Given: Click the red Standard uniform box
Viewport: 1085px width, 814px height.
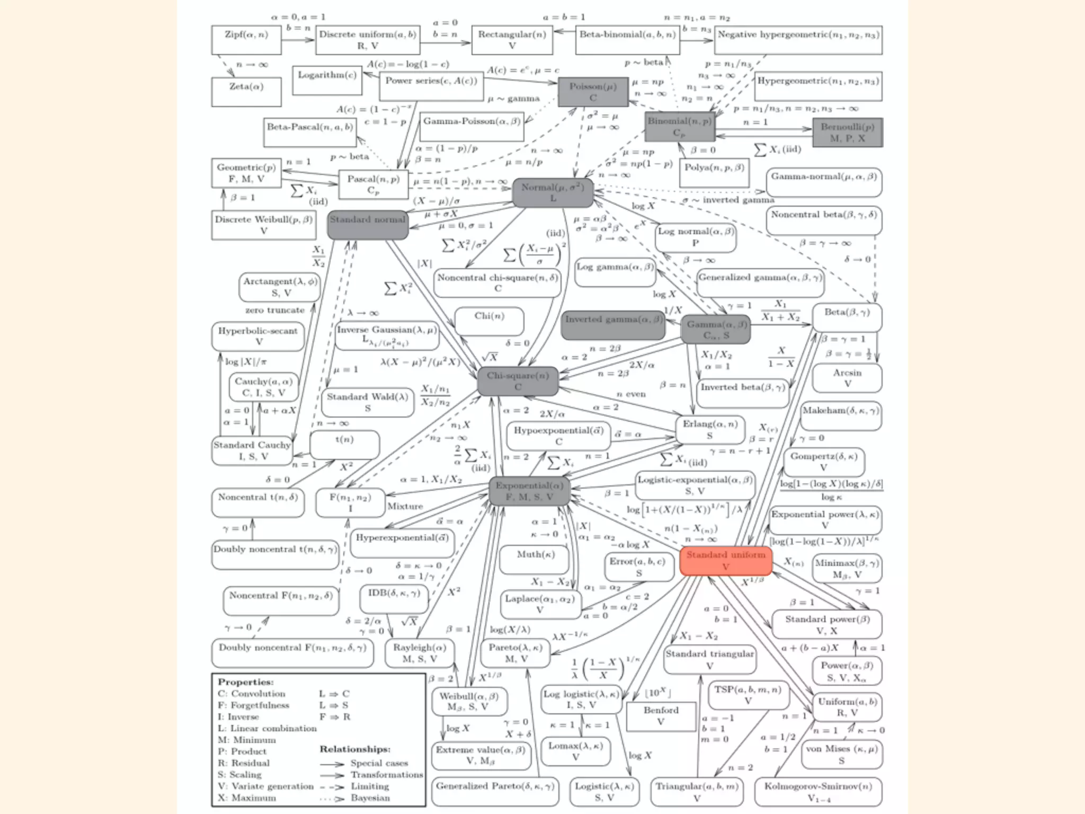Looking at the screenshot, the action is coord(725,561).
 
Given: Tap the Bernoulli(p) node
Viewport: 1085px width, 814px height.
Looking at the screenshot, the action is coord(847,132).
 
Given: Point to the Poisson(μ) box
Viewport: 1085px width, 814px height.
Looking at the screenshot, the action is coord(593,92).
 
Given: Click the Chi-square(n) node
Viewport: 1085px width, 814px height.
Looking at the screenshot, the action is coord(518,381).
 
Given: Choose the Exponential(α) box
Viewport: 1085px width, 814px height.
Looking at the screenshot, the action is coord(529,491).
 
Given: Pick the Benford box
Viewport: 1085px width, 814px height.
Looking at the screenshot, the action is coord(661,715).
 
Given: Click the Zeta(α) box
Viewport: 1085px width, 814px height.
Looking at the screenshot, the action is coord(246,92).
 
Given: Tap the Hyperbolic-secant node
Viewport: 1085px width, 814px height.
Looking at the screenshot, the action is coord(258,336).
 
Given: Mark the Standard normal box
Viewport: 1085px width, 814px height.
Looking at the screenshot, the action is coord(368,224).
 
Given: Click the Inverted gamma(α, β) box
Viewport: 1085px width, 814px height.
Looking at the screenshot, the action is coord(613,324).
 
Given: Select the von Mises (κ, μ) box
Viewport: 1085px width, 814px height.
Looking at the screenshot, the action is coord(841,754).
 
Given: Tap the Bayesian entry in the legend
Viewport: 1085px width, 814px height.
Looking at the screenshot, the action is coord(370,798).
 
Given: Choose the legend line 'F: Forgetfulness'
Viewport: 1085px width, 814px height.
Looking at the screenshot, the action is coord(253,705).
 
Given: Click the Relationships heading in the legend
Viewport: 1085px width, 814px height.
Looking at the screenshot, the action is coord(355,749).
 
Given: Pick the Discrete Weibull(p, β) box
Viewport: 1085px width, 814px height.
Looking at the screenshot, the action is coord(263,225).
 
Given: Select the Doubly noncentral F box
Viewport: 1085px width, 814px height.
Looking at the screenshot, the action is coord(292,653).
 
